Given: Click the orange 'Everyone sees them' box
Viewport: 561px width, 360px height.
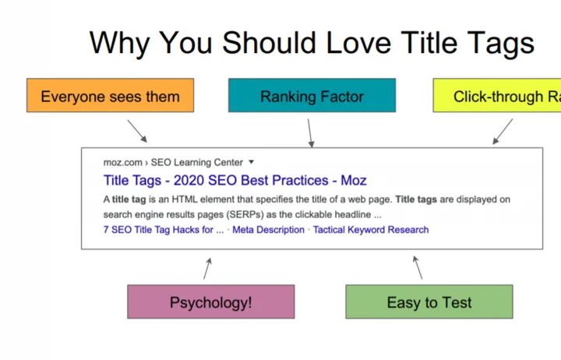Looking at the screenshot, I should [110, 96].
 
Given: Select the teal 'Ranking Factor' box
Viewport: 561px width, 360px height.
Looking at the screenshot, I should [312, 96].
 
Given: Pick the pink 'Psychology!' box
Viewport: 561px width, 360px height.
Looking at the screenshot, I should [211, 302].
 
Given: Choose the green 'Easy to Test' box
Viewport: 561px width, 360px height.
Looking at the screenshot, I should [429, 302].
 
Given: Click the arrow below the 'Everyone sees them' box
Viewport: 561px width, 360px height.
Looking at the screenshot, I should [137, 130].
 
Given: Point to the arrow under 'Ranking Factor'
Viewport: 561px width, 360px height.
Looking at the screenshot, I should [310, 132].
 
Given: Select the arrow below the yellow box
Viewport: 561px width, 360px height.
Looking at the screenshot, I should [503, 131].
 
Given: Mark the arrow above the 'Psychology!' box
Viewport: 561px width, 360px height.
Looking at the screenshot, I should [207, 269].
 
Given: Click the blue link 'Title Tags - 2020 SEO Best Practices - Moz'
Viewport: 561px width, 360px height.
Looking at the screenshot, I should [235, 181].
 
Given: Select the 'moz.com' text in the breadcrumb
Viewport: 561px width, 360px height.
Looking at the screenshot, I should [123, 162].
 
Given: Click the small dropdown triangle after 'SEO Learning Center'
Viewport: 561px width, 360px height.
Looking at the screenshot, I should [251, 162].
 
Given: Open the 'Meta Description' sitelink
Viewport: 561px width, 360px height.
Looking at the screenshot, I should [268, 230].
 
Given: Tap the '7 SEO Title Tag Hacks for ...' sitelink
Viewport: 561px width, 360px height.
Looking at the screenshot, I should [164, 230].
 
